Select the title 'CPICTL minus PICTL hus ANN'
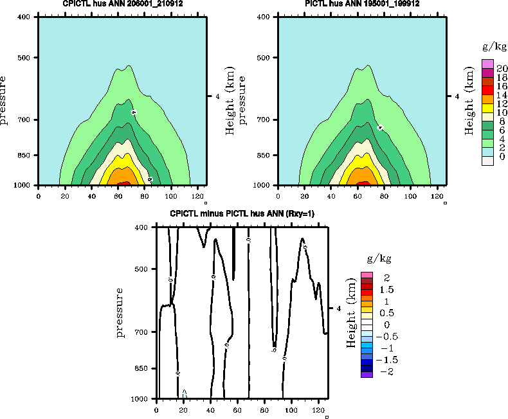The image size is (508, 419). tap(242, 214)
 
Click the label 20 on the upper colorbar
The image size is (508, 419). tap(502, 69)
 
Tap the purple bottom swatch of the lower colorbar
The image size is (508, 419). tap(367, 375)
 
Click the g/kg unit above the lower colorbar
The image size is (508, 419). tap(379, 259)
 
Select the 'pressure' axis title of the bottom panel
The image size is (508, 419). tap(120, 312)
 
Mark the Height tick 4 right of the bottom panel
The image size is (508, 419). tap(338, 308)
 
